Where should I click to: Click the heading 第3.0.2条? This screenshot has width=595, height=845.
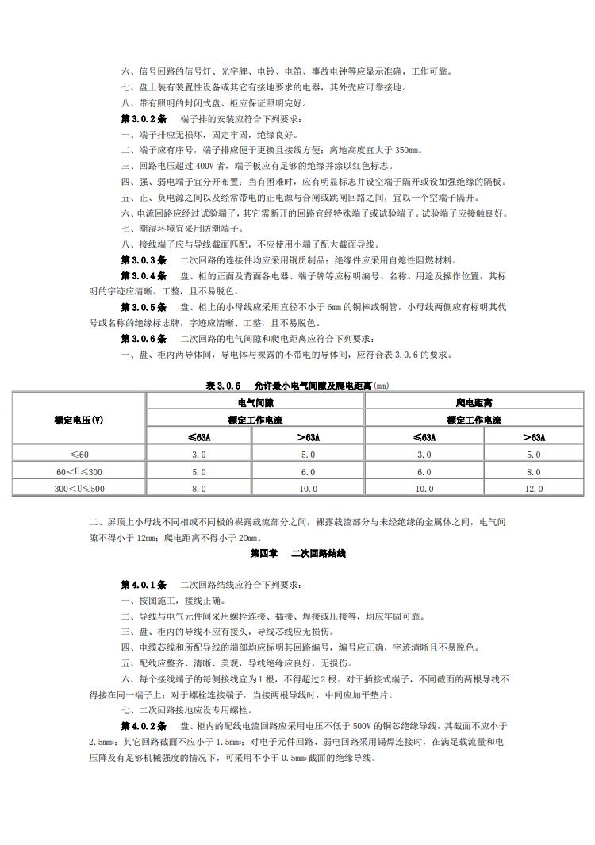[143, 118]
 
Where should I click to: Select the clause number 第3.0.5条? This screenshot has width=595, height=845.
[143, 307]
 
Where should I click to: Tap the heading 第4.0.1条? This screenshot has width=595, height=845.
[143, 585]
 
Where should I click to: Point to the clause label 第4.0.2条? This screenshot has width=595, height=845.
[143, 726]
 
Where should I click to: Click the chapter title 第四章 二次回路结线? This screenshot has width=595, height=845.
[297, 553]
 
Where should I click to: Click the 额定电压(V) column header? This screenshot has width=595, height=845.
[79, 420]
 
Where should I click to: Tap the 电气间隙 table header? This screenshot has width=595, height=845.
[255, 403]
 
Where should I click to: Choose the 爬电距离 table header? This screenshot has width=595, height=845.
[473, 403]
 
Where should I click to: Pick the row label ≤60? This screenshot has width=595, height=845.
[79, 455]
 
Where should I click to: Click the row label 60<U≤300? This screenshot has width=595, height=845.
[79, 471]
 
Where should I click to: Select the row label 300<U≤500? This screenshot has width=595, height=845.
[79, 488]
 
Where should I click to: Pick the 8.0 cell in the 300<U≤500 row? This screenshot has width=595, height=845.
[198, 488]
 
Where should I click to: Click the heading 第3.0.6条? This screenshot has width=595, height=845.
[143, 339]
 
